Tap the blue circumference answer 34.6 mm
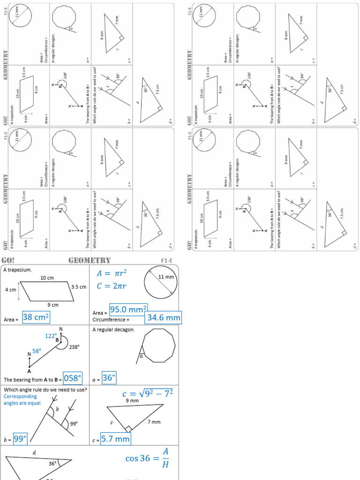click(x=163, y=318)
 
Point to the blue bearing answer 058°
click(x=73, y=378)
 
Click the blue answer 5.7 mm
click(x=115, y=439)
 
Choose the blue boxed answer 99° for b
click(x=20, y=439)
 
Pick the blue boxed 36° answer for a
click(x=109, y=378)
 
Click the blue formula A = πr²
click(x=112, y=274)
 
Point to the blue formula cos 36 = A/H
click(x=147, y=458)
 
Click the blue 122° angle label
click(x=51, y=336)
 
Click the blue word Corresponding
click(x=20, y=396)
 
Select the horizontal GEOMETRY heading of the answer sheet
click(x=90, y=260)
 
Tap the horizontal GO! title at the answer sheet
click(x=8, y=260)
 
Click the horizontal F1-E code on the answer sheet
click(x=167, y=260)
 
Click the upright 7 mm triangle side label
click(x=154, y=422)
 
